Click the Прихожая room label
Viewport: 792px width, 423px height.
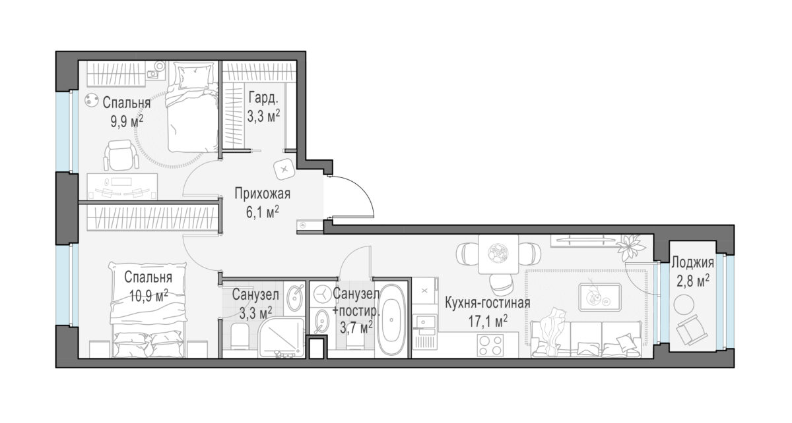[x=263, y=194]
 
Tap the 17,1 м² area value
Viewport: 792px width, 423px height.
[x=488, y=322]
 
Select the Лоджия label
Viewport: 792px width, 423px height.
[x=692, y=263]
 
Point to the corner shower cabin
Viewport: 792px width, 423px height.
[x=281, y=338]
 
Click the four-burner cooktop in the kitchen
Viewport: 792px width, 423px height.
[x=490, y=345]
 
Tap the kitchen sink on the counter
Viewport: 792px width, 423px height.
[x=425, y=322]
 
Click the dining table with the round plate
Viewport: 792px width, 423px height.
[x=498, y=254]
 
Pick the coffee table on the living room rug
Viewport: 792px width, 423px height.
[x=600, y=297]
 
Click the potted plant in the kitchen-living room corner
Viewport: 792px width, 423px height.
[x=631, y=246]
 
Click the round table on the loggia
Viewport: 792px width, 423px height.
[x=684, y=304]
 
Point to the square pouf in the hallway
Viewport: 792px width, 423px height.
[x=284, y=169]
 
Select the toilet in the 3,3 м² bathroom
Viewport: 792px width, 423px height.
[x=240, y=336]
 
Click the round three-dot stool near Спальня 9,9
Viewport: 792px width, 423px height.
[x=91, y=100]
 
